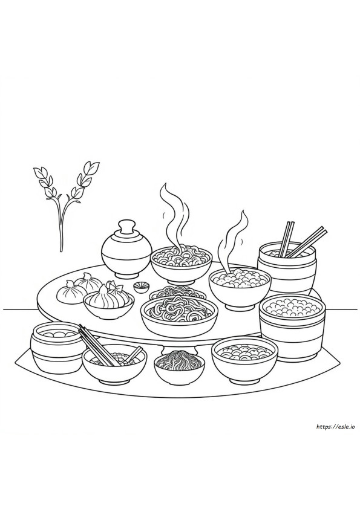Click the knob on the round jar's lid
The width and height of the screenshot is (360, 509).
point(126,227)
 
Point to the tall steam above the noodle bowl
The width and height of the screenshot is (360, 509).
point(174,215)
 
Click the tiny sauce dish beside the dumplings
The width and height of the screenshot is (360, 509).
point(142,288)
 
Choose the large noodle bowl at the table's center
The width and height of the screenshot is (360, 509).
point(179,315)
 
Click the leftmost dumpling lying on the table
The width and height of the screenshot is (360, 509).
point(67,291)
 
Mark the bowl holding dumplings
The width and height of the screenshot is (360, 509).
point(108,306)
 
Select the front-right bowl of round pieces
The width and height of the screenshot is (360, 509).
point(244,358)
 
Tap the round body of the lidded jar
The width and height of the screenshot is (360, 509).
point(126,255)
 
